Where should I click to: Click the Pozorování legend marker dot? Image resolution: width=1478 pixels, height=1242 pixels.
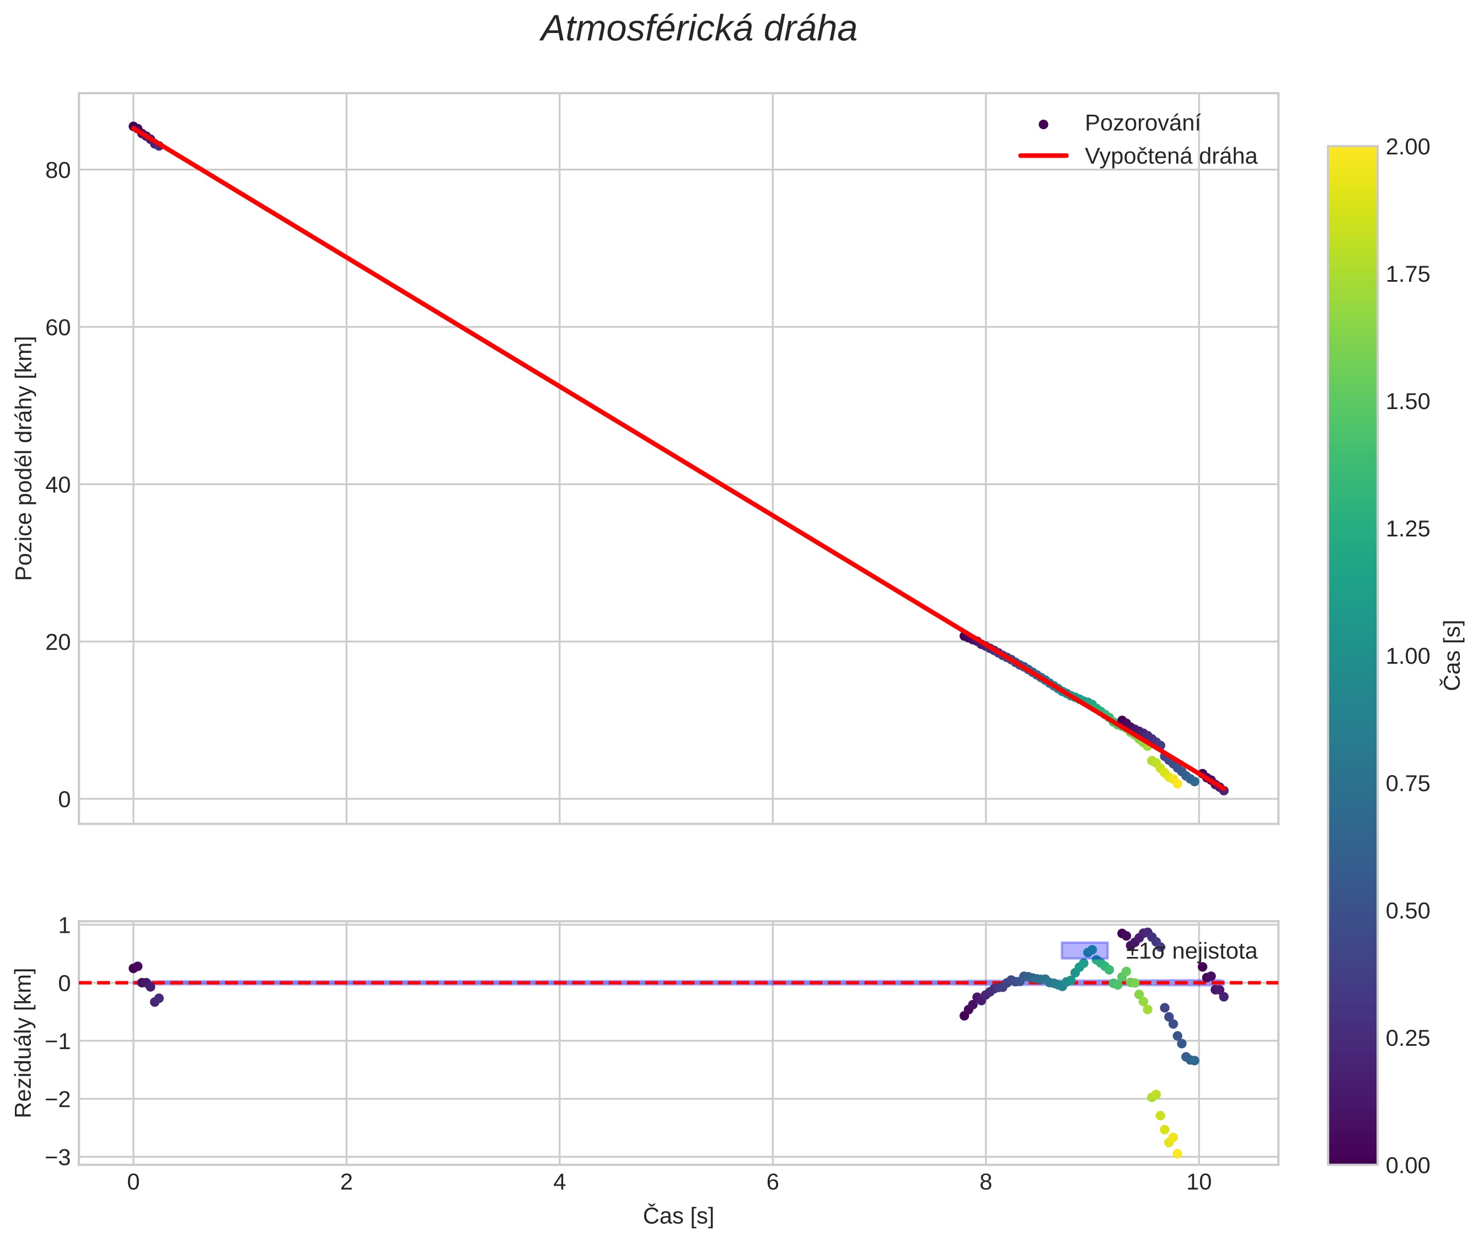tap(1043, 125)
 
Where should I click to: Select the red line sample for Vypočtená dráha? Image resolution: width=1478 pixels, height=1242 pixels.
tap(1043, 155)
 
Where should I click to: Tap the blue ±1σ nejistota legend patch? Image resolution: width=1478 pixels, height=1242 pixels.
tap(1084, 950)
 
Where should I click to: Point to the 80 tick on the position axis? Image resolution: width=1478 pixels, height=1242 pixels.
tap(58, 170)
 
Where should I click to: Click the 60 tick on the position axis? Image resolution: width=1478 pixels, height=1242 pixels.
tap(58, 327)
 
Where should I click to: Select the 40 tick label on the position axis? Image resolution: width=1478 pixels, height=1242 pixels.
tap(58, 485)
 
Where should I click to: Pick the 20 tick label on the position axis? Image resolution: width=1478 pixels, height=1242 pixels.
tap(58, 642)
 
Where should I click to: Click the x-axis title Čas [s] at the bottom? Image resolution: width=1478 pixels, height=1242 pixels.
tap(678, 1216)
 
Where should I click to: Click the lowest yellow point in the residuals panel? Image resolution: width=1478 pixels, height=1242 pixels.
tap(1177, 1154)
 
